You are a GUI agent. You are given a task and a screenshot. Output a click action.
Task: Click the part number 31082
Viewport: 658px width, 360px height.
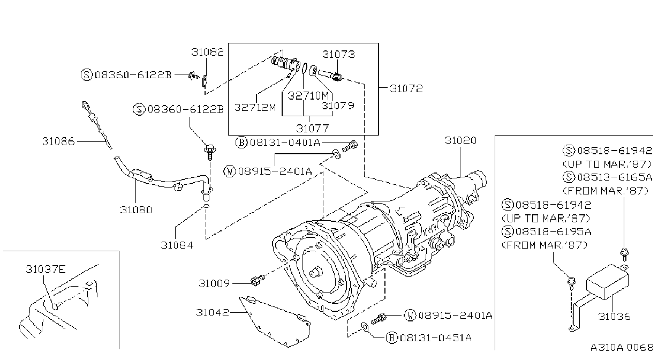(207, 52)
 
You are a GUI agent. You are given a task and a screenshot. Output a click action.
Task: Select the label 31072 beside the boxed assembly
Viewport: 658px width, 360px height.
(406, 88)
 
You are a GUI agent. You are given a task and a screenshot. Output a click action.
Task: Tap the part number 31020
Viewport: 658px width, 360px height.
(460, 140)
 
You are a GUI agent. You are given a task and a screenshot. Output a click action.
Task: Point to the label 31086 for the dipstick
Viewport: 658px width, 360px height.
(58, 141)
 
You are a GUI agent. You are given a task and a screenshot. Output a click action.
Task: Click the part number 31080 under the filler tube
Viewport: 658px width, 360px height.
(136, 210)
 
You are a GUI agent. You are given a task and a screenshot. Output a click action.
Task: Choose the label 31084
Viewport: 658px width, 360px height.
(177, 245)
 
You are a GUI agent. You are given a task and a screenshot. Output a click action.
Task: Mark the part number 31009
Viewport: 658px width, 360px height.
(214, 283)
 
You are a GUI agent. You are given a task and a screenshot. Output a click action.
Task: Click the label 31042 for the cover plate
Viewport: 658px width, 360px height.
(213, 312)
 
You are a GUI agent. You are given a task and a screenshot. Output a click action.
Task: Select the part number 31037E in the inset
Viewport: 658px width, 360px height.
(46, 269)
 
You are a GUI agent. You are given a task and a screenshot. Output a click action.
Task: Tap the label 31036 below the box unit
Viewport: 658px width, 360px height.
(614, 316)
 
